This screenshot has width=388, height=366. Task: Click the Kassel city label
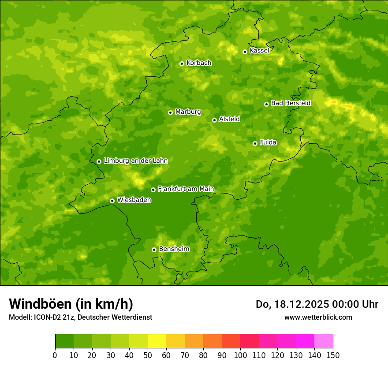[259, 51]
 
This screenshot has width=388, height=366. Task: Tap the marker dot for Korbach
[182, 63]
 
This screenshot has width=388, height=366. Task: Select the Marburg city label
[188, 112]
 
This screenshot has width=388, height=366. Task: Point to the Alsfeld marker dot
[214, 120]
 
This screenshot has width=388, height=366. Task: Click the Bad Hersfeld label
[291, 103]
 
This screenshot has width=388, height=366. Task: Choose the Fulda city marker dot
[255, 143]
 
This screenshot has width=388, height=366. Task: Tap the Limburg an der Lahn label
[135, 161]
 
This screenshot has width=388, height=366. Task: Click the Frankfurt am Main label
[186, 189]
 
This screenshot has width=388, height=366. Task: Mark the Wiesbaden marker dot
[112, 201]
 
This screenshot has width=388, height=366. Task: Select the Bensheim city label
[174, 249]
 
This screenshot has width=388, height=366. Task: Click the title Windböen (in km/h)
[71, 304]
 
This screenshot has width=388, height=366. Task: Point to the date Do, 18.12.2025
[291, 304]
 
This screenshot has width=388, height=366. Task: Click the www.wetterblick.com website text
[318, 317]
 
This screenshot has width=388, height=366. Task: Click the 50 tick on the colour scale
[148, 355]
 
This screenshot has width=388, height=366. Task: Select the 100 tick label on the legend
[240, 355]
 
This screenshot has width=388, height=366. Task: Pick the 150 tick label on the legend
[333, 355]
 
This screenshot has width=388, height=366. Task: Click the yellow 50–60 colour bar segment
[157, 341]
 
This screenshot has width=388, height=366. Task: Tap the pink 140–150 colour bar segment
[324, 341]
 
